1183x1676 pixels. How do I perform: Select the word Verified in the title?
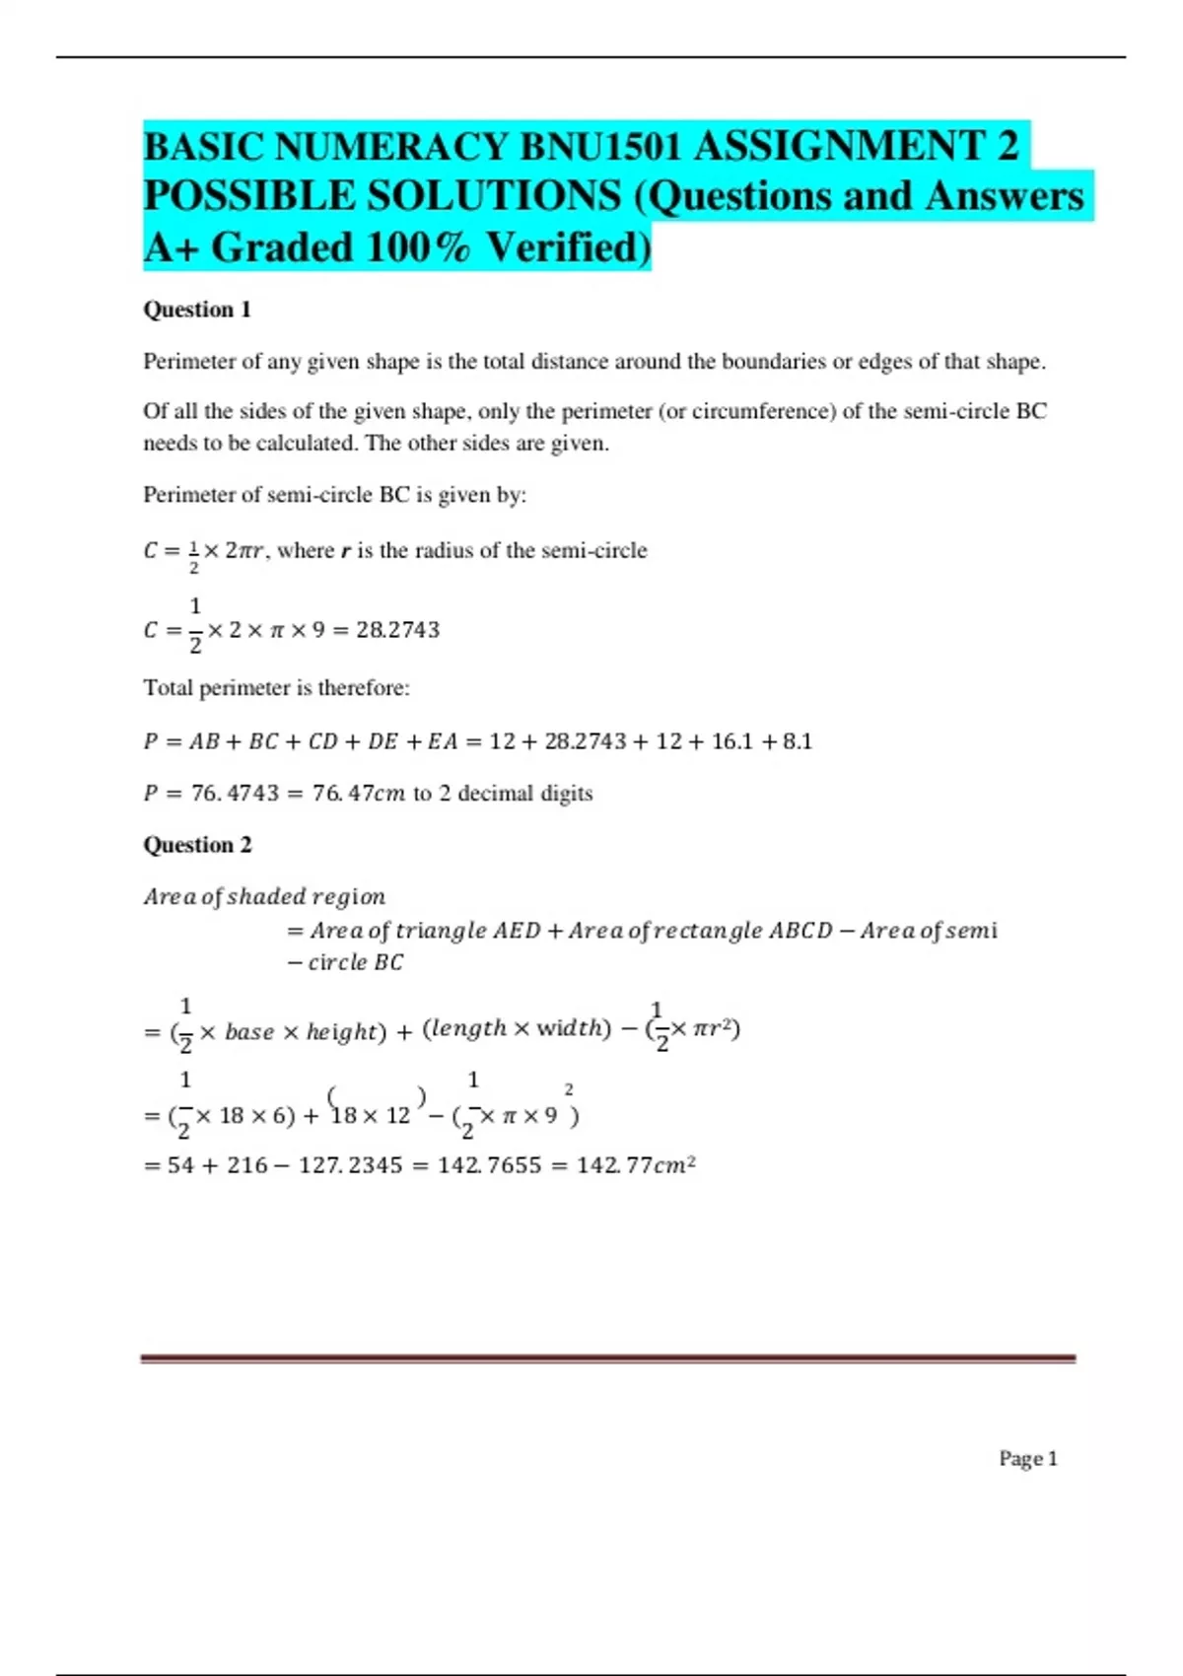tap(569, 247)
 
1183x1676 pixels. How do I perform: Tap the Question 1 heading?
tap(197, 310)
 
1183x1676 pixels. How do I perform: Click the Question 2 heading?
tap(197, 845)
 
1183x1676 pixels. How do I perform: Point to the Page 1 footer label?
tap(1027, 1458)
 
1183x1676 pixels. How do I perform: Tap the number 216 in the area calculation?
tap(246, 1165)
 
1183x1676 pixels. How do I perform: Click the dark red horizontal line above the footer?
tap(607, 1359)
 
